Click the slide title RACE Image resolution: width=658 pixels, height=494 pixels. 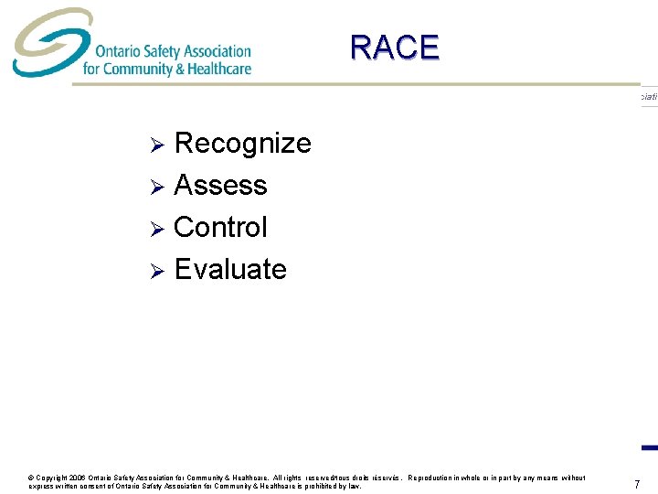click(394, 48)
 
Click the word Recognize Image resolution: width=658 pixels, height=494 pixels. click(242, 144)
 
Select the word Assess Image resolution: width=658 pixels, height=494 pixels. click(220, 186)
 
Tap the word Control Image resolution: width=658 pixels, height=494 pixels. click(220, 227)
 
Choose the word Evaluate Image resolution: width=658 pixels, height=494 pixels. click(230, 269)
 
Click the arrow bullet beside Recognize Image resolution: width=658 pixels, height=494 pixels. click(156, 145)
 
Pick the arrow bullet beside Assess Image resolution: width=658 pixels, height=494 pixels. click(156, 187)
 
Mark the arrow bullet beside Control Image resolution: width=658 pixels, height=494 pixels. click(156, 229)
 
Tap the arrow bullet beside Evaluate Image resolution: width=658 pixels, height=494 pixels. click(156, 271)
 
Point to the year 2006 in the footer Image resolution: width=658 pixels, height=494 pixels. click(75, 478)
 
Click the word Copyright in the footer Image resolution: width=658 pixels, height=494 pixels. click(49, 478)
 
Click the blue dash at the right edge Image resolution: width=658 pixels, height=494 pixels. click(650, 447)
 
